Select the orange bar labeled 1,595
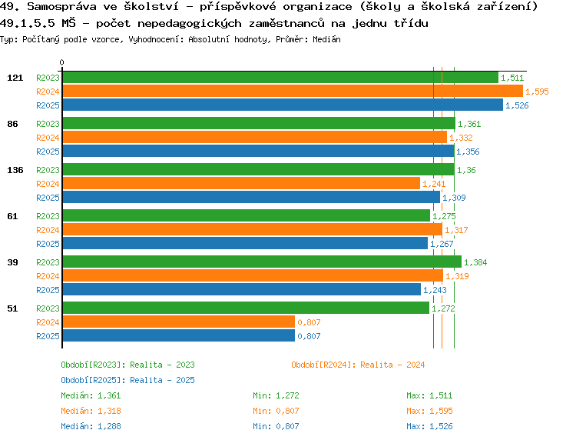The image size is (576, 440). (x=292, y=91)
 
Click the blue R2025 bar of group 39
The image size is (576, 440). (x=241, y=289)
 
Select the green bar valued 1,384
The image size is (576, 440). (x=261, y=262)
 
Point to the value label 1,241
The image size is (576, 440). (x=434, y=184)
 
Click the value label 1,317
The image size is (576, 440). (x=456, y=230)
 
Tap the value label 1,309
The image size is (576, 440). (x=454, y=198)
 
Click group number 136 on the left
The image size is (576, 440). (x=15, y=170)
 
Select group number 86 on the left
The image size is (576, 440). (x=12, y=124)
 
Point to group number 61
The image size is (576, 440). (x=12, y=216)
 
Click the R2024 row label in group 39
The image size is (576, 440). (x=48, y=276)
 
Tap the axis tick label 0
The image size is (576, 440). (x=62, y=63)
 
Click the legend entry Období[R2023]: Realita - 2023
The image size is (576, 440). (x=127, y=365)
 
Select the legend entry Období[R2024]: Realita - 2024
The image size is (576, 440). (x=358, y=365)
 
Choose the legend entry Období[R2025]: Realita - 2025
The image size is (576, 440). (x=127, y=380)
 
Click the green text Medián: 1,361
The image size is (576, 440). (x=91, y=395)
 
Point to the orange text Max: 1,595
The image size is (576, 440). (x=426, y=411)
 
